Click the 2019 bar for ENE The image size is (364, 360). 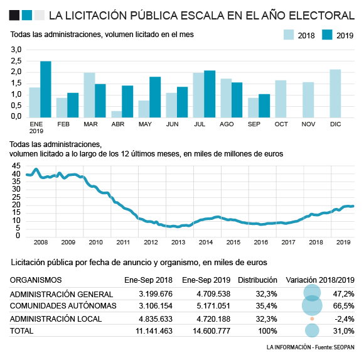point(46,89)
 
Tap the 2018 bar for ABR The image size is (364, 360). point(116,114)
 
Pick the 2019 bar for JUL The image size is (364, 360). point(210,94)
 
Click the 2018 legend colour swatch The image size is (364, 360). point(290,36)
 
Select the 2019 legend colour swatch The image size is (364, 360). point(328,36)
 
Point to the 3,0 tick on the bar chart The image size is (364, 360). point(16,49)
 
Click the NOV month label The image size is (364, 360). point(308,124)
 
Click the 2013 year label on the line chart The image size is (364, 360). point(178,242)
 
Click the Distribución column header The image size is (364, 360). point(257,280)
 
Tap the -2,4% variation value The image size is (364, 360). point(344,319)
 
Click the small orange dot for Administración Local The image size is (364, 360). point(312,319)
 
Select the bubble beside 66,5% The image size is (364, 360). point(312,305)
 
